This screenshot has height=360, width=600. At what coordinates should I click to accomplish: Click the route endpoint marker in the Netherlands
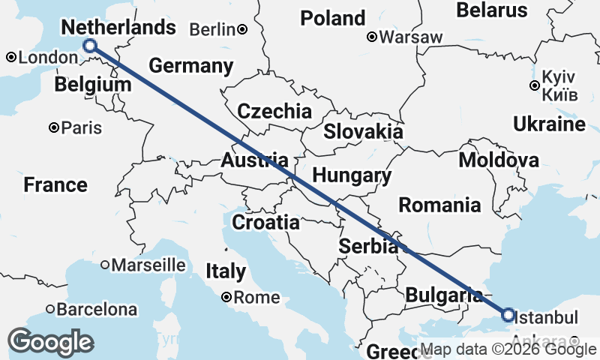click(90, 46)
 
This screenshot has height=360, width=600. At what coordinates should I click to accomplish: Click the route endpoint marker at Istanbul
click(508, 315)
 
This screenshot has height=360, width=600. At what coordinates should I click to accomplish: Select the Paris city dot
click(54, 128)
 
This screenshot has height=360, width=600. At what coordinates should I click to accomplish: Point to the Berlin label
click(213, 29)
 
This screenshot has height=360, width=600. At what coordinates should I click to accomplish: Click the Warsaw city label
click(410, 37)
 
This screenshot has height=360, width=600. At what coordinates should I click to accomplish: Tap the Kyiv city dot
click(534, 85)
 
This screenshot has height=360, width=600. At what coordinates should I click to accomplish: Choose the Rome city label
click(256, 298)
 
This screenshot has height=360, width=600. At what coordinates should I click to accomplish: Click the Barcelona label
click(100, 309)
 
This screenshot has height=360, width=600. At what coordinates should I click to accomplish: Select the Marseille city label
click(148, 265)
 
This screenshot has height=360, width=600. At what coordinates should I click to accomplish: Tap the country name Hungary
click(352, 176)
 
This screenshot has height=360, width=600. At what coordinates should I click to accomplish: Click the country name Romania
click(439, 204)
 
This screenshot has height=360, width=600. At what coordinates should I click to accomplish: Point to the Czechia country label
click(274, 112)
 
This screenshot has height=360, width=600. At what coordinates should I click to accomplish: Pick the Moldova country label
click(499, 160)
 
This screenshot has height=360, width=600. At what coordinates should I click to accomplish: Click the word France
click(55, 184)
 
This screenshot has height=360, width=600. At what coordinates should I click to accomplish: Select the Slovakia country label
click(363, 132)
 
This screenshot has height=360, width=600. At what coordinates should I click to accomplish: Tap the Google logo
click(50, 342)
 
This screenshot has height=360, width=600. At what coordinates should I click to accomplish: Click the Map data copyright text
click(508, 349)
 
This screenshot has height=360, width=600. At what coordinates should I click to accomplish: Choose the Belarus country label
click(493, 10)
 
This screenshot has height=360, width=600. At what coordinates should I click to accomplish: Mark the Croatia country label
click(265, 223)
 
